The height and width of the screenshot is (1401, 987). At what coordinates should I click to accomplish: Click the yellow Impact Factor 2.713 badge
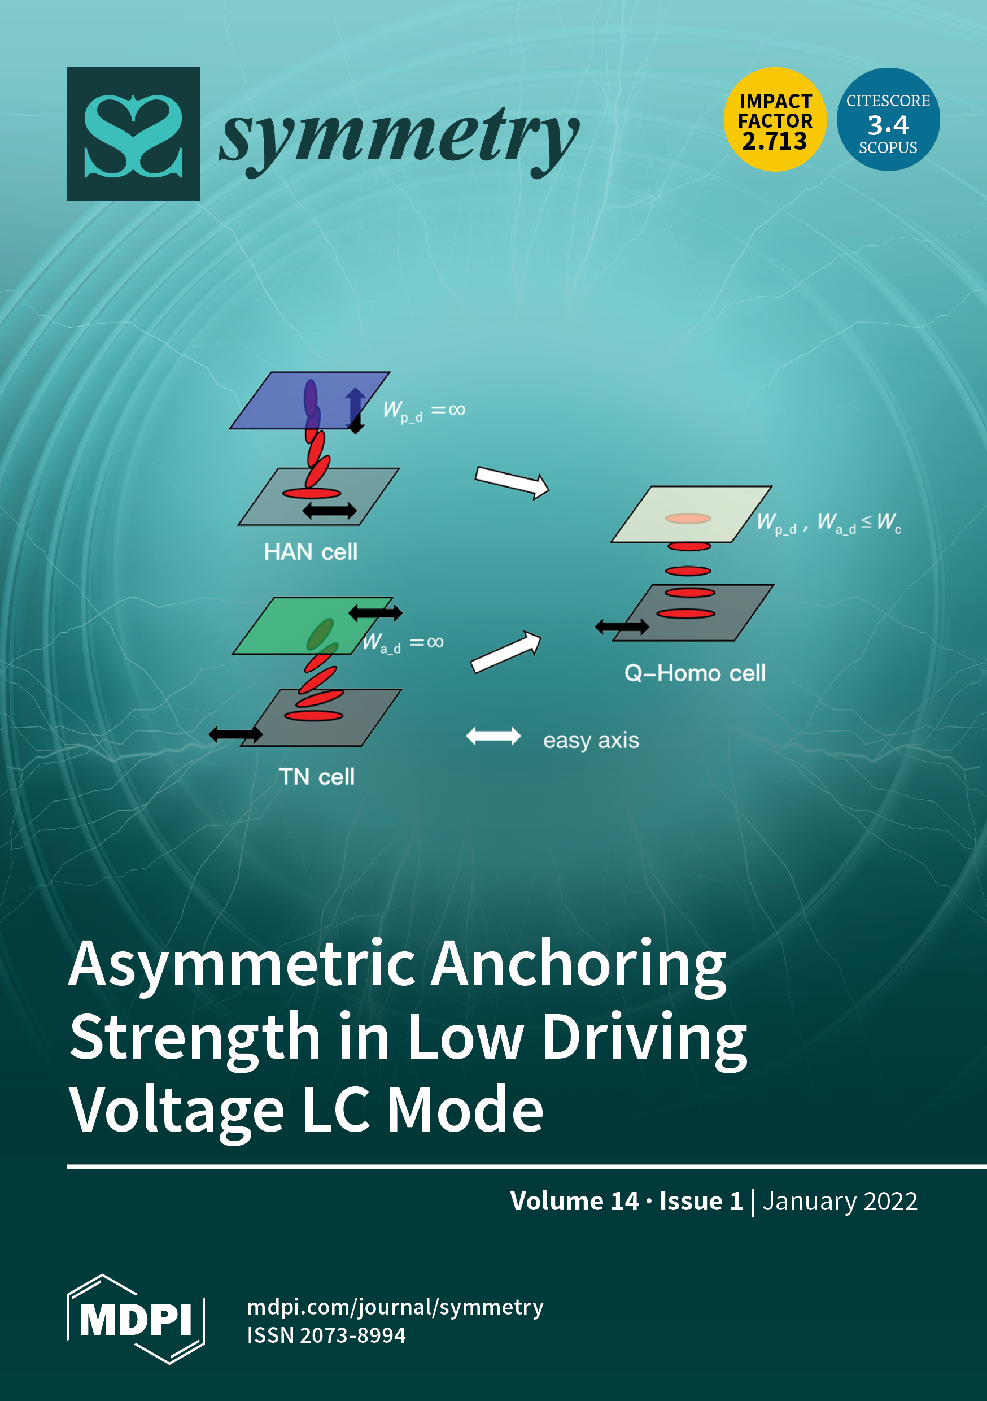point(775,120)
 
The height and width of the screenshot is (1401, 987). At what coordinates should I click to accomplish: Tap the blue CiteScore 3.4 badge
point(888,120)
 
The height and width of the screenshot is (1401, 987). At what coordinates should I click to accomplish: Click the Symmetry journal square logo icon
point(133,134)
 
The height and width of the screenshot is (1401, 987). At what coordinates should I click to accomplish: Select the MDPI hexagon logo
point(136,1319)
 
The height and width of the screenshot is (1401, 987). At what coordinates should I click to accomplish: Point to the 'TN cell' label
point(317,777)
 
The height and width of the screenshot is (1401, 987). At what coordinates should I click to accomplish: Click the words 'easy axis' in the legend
point(591,740)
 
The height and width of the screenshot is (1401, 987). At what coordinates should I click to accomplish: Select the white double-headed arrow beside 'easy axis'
point(493,737)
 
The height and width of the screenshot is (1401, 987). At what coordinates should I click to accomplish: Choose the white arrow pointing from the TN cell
point(506,652)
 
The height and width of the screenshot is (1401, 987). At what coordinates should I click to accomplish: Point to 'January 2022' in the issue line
point(840,1202)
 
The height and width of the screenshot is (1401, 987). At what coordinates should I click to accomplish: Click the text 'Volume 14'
point(574,1202)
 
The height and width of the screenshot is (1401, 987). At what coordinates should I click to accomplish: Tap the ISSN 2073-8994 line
point(326,1335)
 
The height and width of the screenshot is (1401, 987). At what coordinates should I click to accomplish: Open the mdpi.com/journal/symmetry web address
point(395,1307)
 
